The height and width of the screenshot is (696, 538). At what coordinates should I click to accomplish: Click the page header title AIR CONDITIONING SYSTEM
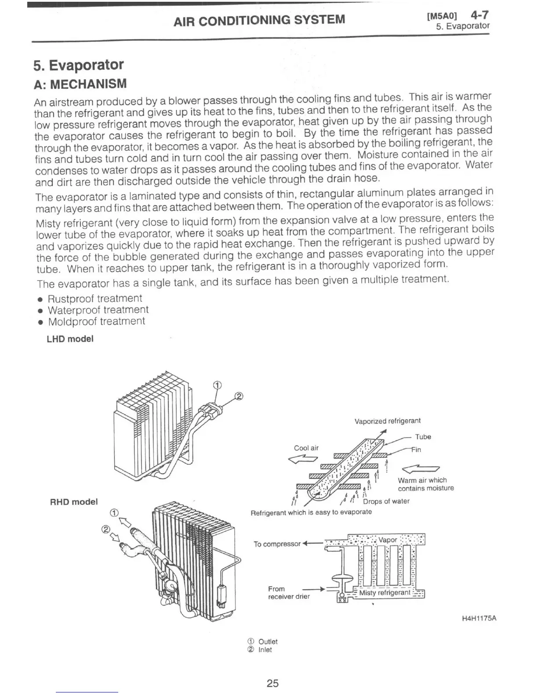[259, 20]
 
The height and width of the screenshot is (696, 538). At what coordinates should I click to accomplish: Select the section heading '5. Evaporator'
[79, 65]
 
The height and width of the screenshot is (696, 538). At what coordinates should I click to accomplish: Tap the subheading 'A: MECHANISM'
[80, 84]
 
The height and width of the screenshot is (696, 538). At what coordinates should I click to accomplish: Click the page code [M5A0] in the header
[442, 17]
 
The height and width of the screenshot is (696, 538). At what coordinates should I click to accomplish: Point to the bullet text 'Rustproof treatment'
[95, 299]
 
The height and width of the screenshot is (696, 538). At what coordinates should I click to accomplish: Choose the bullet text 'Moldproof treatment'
[96, 322]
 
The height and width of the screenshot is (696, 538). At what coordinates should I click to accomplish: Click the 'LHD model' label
[70, 339]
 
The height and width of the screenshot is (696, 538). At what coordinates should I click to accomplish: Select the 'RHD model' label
[74, 502]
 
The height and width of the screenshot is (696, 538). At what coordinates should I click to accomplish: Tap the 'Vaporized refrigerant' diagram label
[387, 421]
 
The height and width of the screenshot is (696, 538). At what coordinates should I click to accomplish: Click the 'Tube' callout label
[423, 437]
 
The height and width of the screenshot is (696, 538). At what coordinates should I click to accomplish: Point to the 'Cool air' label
[306, 448]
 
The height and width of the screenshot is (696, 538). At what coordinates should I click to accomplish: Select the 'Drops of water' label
[386, 501]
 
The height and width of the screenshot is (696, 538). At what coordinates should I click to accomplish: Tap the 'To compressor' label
[277, 544]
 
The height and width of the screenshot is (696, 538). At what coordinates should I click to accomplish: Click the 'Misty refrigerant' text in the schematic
[385, 593]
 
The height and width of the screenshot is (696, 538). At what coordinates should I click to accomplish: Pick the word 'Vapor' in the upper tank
[387, 540]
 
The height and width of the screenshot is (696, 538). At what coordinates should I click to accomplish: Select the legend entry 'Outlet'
[268, 642]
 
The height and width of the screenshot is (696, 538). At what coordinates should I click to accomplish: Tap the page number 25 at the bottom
[273, 683]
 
